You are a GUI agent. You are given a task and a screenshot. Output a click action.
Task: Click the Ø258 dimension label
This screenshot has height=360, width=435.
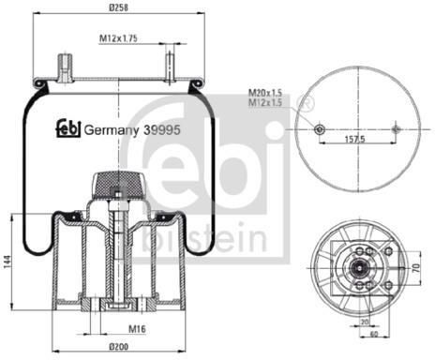tap(118, 7)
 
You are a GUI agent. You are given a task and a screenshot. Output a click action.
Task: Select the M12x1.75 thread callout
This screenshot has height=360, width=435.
tap(118, 38)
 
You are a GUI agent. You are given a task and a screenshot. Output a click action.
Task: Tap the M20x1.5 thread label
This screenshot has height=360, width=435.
tap(265, 93)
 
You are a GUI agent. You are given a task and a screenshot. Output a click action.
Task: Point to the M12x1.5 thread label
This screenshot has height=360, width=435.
tap(265, 102)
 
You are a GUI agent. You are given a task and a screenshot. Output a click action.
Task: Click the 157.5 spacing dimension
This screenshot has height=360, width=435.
tap(354, 139)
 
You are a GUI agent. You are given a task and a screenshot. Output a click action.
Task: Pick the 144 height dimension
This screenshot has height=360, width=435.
tap(7, 262)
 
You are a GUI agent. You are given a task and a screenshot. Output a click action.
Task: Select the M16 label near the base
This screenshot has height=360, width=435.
tap(137, 328)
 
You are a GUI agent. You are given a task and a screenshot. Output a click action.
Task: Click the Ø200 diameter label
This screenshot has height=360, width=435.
tap(118, 346)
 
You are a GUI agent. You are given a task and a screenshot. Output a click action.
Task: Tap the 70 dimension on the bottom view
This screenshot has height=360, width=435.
tap(416, 268)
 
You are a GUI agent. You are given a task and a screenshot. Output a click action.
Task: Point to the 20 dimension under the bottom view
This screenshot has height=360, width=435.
tap(365, 322)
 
